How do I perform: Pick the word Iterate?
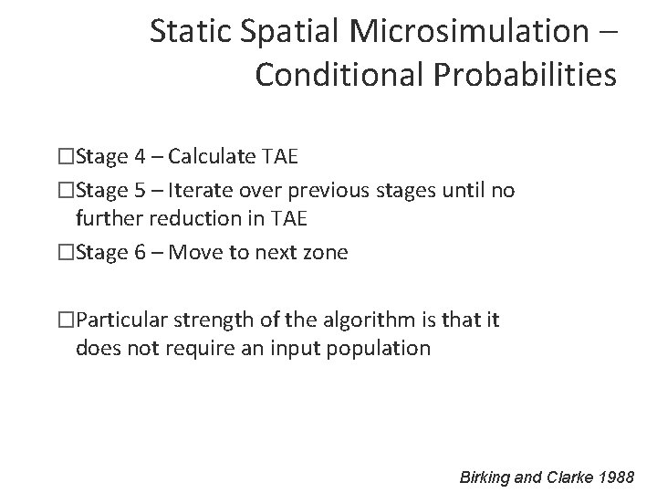(205, 191)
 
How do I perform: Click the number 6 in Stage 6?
(140, 252)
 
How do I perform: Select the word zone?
(324, 252)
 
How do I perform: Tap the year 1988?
(620, 476)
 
